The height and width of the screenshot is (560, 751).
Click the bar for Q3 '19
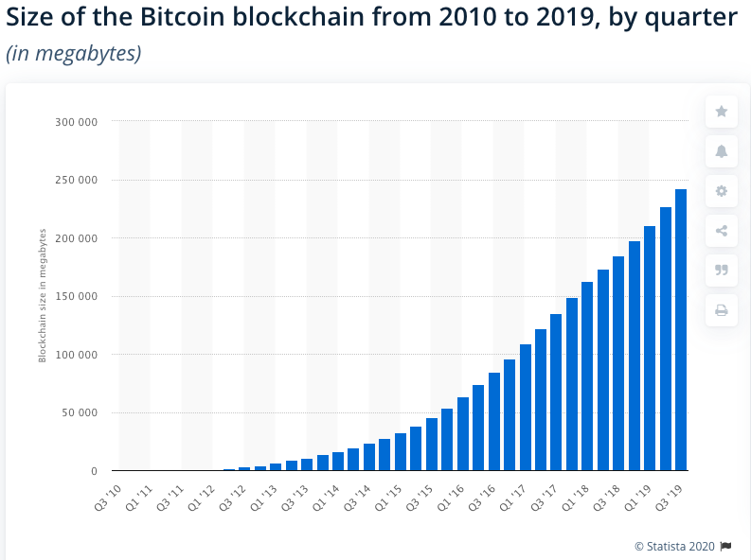click(x=681, y=330)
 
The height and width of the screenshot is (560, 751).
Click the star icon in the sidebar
click(x=722, y=112)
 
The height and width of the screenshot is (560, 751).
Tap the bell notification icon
click(x=722, y=151)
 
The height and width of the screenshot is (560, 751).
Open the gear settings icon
click(x=722, y=191)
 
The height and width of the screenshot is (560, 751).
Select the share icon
click(x=722, y=231)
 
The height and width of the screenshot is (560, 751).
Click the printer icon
click(x=722, y=310)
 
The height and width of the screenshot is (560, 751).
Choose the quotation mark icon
click(x=722, y=271)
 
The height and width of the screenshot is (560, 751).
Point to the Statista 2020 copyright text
click(x=675, y=546)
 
